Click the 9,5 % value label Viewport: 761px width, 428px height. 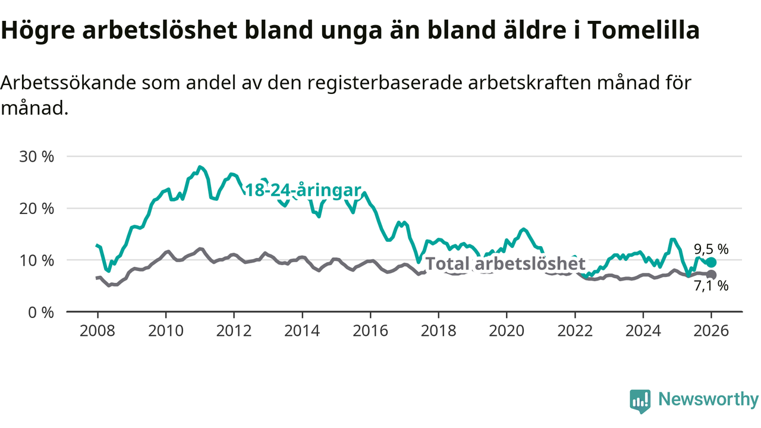pos(711,248)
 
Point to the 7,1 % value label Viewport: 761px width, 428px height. pos(711,286)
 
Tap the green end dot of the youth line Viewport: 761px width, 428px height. pos(711,262)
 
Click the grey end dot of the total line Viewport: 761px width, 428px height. pos(711,275)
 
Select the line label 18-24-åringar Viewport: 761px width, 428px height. pos(303,190)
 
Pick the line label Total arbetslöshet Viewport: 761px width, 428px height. pos(506,263)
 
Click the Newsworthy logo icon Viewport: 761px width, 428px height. pos(640,401)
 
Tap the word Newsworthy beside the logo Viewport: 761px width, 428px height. pos(708,399)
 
